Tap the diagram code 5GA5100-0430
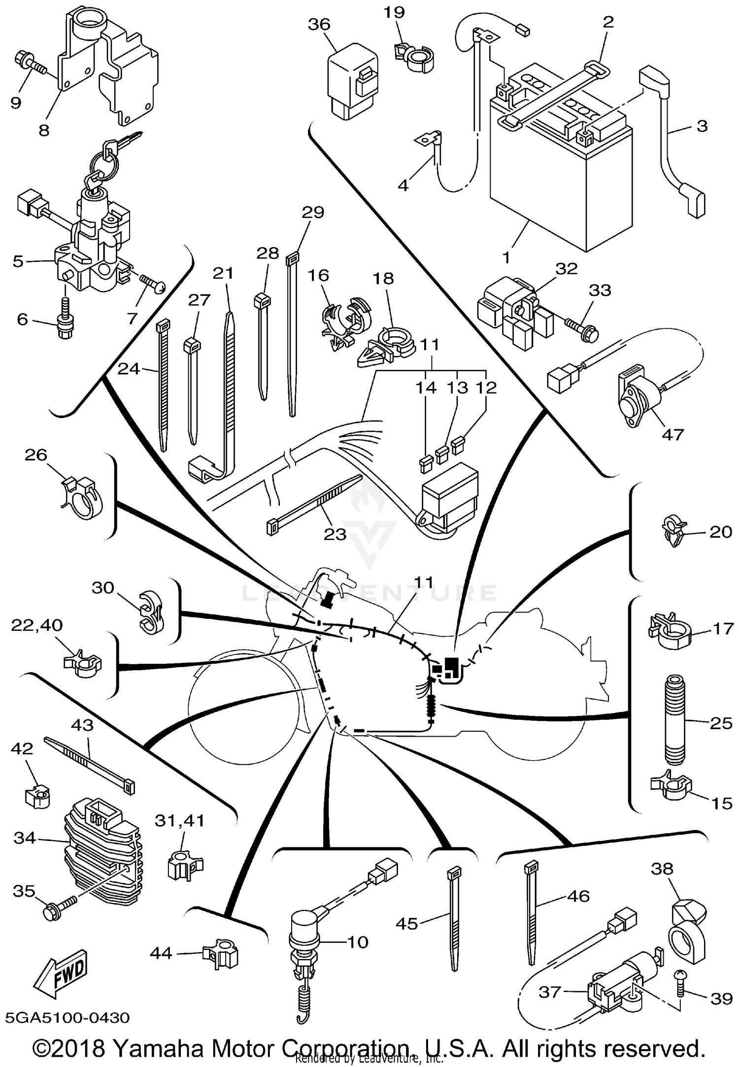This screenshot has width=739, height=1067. point(67,1017)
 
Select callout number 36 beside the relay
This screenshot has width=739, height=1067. point(319,24)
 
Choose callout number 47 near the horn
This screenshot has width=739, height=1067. point(673,434)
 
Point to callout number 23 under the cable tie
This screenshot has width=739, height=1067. point(335,534)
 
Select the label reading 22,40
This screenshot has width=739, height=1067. point(37,625)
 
